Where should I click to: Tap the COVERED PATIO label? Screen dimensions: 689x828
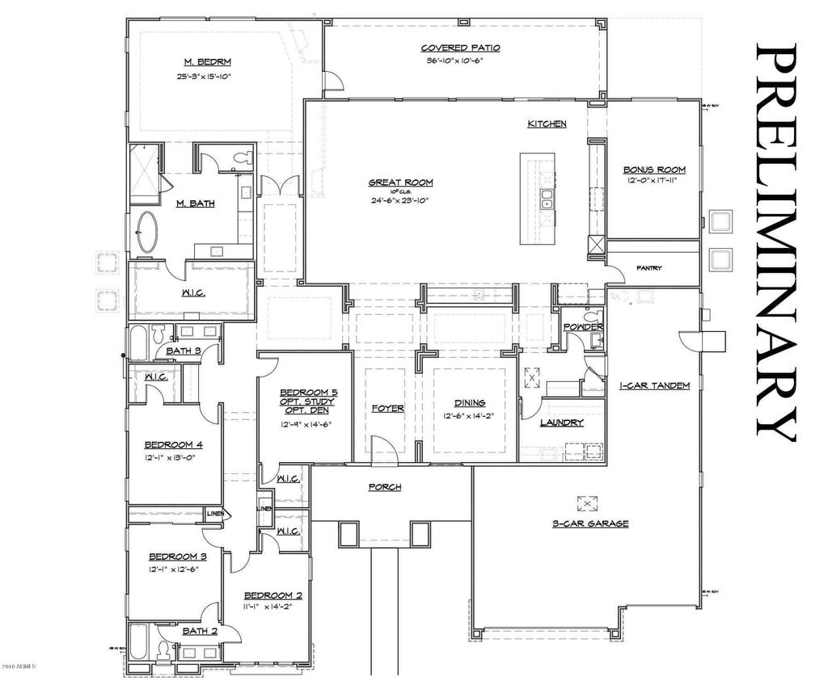pos(460,48)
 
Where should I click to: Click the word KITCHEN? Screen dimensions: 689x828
pos(547,124)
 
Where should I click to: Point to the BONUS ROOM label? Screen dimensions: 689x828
pos(654,170)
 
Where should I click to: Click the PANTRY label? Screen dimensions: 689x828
pos(649,268)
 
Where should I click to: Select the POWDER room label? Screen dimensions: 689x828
pos(584,326)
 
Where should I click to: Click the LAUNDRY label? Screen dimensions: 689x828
pos(561,422)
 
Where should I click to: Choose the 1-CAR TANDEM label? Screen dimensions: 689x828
pos(654,385)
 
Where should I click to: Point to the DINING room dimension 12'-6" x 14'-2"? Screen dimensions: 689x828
pos(469,417)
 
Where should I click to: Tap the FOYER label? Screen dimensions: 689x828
pos(387,408)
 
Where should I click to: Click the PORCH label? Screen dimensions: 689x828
pos(385,487)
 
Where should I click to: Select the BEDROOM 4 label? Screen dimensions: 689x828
pos(173,444)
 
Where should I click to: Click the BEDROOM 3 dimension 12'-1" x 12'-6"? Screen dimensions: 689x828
pos(173,569)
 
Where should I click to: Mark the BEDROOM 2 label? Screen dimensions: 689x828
pos(272,595)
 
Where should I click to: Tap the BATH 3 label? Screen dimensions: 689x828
pos(184,351)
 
